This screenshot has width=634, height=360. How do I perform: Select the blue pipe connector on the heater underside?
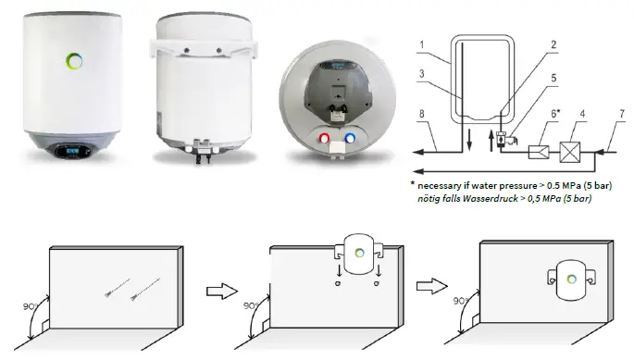(352, 141)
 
